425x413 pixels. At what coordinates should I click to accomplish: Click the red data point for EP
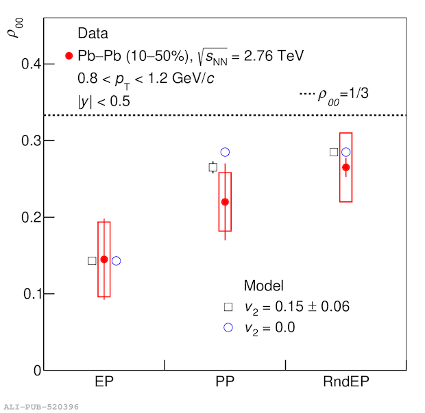click(104, 260)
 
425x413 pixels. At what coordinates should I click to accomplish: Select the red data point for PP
click(225, 202)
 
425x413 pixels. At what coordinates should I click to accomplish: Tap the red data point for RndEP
click(346, 167)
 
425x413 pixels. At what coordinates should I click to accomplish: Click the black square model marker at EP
click(92, 261)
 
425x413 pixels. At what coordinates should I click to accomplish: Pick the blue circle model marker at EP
click(116, 261)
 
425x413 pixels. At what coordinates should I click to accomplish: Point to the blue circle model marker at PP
click(225, 152)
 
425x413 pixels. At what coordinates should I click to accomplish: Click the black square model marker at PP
click(213, 167)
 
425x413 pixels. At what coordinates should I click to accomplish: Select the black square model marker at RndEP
click(334, 152)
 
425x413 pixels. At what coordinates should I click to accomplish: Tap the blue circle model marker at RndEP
click(346, 152)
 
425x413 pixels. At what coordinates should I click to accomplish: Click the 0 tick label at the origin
click(36, 371)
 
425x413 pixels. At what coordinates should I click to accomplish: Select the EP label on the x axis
click(104, 381)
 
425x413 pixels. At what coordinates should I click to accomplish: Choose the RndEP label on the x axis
click(345, 381)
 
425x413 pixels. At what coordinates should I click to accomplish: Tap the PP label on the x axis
click(225, 381)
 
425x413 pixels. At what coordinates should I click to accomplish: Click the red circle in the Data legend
click(69, 55)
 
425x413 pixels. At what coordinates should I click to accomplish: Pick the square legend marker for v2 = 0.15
click(228, 307)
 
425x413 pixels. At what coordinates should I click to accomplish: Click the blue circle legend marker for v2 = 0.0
click(228, 327)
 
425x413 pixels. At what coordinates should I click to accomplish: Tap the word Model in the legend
click(264, 286)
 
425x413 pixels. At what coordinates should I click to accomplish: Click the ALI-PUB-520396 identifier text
click(41, 407)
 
